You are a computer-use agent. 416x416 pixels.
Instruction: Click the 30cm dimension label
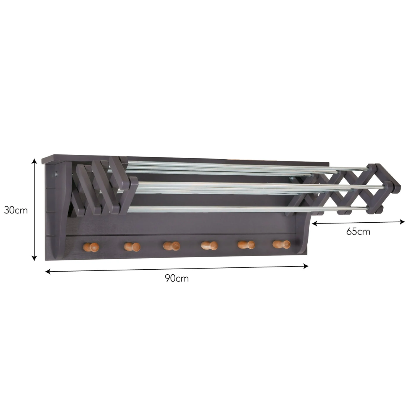click(16, 210)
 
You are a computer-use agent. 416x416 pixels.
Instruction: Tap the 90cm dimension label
click(177, 278)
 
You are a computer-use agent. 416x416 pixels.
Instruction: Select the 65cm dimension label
click(358, 231)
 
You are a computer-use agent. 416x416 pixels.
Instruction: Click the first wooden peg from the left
click(91, 247)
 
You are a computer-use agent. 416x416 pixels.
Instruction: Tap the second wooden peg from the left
click(132, 247)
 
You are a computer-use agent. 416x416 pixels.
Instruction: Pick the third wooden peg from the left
click(171, 246)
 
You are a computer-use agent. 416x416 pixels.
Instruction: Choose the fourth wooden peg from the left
click(209, 245)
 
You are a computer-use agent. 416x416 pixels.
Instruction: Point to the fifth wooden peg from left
click(246, 245)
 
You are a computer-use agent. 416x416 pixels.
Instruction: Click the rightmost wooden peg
click(282, 244)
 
